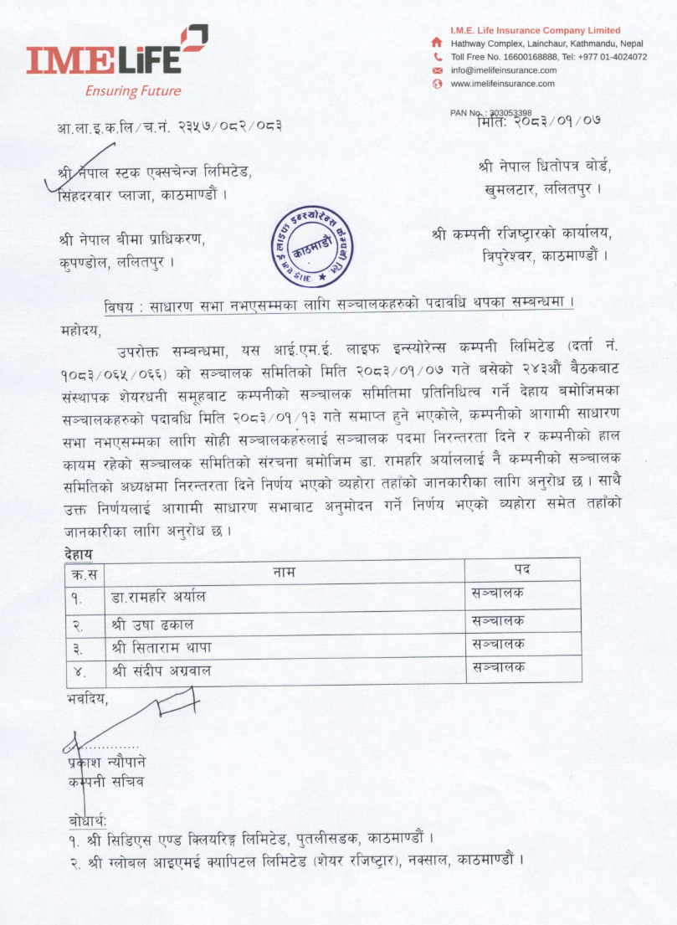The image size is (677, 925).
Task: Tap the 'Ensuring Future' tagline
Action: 132,90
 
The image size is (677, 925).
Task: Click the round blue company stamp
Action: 313,246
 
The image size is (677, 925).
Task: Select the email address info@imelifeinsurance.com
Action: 503,70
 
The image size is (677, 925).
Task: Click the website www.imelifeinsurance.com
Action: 502,84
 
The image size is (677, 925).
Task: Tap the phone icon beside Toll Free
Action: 436,57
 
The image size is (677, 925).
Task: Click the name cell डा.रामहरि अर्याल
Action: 158,598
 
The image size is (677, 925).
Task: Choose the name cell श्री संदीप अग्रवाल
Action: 162,671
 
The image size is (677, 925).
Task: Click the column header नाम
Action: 284,571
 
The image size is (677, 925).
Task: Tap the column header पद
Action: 522,570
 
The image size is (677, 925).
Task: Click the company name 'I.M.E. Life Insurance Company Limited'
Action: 535,30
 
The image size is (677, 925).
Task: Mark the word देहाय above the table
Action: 79,553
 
